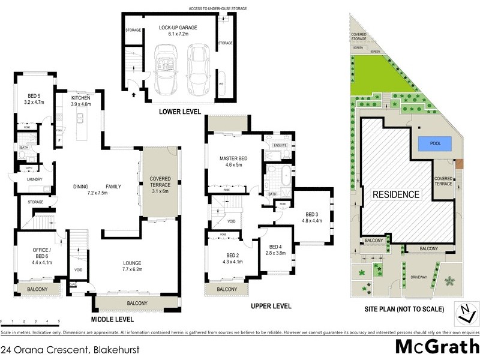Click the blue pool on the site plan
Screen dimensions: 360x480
click(433, 144)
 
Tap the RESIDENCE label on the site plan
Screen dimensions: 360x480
click(396, 194)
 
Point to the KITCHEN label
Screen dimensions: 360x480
click(80, 97)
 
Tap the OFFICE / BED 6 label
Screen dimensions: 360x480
click(38, 256)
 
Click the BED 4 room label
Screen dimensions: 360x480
click(275, 247)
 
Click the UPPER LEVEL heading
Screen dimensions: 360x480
click(271, 306)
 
